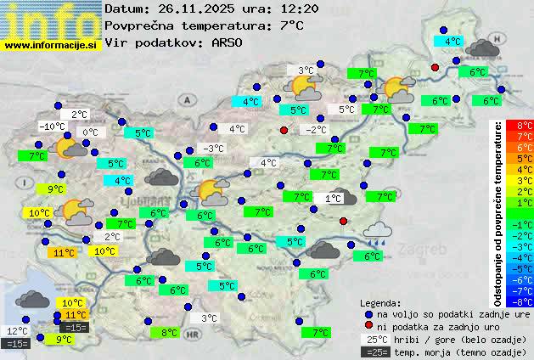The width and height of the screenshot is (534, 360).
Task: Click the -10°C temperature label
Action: pos(52,127)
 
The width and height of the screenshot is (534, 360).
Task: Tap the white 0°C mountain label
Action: pos(90,132)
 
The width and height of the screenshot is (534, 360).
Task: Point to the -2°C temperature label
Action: pos(317,130)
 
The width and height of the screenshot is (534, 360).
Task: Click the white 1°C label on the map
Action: pos(333,198)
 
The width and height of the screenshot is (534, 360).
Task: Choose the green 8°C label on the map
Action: pos(169,333)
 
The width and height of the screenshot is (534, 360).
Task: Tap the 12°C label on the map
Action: pos(18,331)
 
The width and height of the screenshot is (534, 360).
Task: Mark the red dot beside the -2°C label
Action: pos(284,130)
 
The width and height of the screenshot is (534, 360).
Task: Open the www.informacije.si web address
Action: pos(51,45)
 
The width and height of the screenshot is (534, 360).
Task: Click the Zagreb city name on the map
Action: pos(426,250)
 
